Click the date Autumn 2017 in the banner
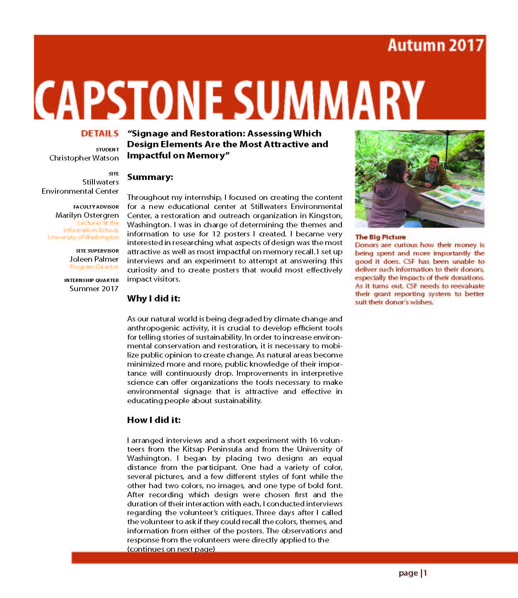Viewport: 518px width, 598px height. point(435,45)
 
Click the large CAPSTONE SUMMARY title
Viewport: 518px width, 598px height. point(229,99)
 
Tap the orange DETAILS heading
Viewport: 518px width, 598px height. point(100,134)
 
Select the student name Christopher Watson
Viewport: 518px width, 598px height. point(84,158)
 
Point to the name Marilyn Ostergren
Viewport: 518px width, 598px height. point(87,215)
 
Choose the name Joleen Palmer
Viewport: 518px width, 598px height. point(94,259)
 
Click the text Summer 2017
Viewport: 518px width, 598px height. point(94,289)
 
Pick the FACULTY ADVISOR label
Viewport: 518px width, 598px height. point(96,207)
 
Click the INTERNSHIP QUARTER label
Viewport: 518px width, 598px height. point(91,280)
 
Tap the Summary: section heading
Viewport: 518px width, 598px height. point(150,177)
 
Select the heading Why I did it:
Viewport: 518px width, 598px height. point(153,299)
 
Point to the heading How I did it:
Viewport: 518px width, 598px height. point(154,420)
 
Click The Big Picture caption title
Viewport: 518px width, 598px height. point(380,237)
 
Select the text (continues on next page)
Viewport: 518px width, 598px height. point(171,549)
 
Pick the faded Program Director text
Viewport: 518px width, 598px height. point(94,267)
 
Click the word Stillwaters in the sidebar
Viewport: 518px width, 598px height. point(100,182)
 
